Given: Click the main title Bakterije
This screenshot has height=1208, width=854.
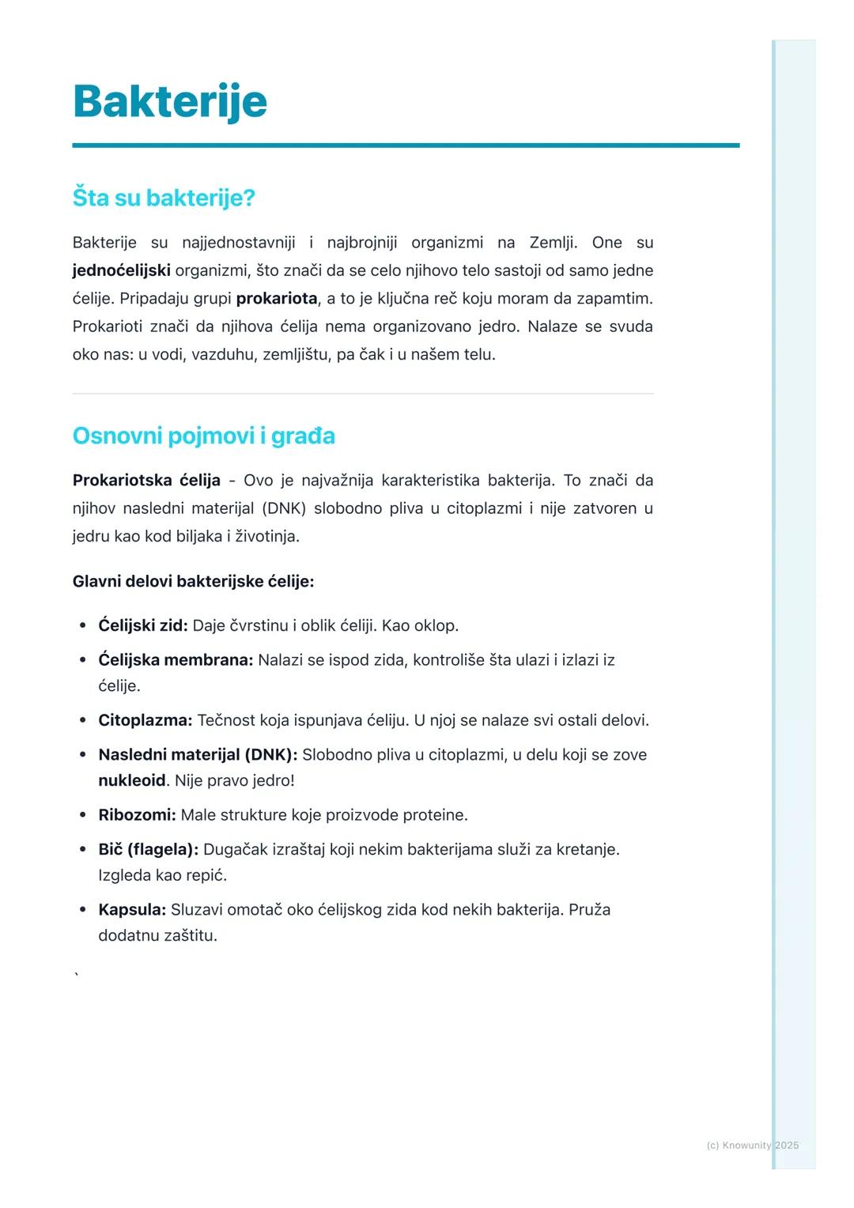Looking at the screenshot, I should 170,101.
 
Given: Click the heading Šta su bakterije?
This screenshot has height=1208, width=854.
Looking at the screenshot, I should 164,198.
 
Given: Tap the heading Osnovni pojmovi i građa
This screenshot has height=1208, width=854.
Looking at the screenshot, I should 203,436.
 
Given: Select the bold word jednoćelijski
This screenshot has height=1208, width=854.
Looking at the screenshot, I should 121,270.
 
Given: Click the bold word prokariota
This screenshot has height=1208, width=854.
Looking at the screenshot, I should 276,299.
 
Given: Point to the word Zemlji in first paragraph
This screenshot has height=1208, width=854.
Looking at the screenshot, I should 553,243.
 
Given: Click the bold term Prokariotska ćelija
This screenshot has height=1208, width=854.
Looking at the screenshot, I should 146,481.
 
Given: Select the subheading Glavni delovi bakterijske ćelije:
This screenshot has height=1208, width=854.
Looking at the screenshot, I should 193,582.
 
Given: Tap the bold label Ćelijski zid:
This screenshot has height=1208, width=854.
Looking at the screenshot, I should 142,626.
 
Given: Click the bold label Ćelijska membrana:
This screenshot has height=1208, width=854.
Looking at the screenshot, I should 176,660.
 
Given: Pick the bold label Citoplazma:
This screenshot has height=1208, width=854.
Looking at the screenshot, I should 145,720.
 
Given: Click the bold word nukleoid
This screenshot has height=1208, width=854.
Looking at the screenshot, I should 131,781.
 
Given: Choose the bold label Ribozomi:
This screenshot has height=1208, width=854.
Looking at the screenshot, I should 137,815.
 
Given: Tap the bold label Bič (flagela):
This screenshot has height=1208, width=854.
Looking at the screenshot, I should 148,850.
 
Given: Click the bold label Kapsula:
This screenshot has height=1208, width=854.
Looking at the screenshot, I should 132,910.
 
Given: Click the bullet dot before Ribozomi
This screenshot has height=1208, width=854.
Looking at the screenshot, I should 82,815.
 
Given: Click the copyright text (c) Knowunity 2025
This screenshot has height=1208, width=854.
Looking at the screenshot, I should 752,1146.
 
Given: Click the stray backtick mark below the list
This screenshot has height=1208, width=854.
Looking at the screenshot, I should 77,976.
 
